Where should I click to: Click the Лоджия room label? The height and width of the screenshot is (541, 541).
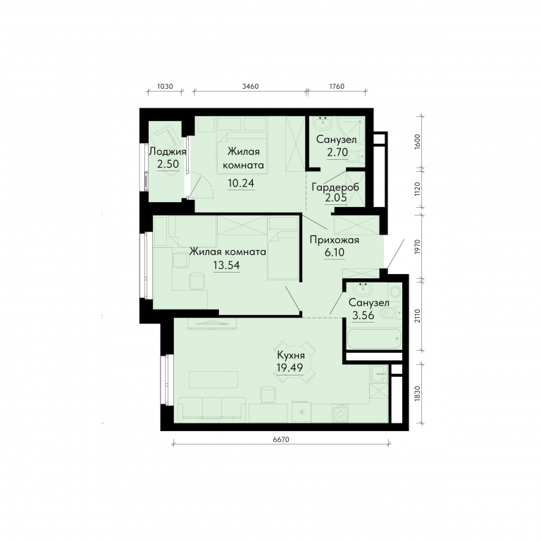pyautogui.click(x=168, y=151)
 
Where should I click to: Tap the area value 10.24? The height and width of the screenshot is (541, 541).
pyautogui.click(x=241, y=183)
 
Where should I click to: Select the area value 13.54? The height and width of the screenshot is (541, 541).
pyautogui.click(x=226, y=265)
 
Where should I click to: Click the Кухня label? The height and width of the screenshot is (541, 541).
pyautogui.click(x=291, y=355)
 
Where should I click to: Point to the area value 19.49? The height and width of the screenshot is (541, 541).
pyautogui.click(x=290, y=368)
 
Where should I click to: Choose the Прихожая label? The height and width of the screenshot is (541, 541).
pyautogui.click(x=335, y=240)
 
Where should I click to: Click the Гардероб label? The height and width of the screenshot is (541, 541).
pyautogui.click(x=335, y=187)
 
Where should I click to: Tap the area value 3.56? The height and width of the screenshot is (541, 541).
pyautogui.click(x=363, y=315)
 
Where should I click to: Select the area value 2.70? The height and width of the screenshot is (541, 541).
pyautogui.click(x=337, y=152)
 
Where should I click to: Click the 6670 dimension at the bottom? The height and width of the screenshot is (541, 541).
pyautogui.click(x=281, y=440)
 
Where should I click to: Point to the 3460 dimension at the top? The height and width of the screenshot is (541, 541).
pyautogui.click(x=250, y=86)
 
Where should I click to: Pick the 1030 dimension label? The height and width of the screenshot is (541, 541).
pyautogui.click(x=165, y=86)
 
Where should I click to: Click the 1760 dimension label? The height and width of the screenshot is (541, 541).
pyautogui.click(x=337, y=86)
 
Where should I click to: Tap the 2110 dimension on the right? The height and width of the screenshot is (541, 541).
pyautogui.click(x=418, y=316)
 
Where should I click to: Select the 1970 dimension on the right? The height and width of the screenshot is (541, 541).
pyautogui.click(x=418, y=247)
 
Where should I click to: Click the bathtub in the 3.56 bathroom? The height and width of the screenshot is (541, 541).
pyautogui.click(x=374, y=338)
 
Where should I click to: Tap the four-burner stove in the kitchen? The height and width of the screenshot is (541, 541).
pyautogui.click(x=340, y=413)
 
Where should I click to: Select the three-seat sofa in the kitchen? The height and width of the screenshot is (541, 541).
pyautogui.click(x=212, y=409)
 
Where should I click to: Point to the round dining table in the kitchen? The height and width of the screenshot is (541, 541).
pyautogui.click(x=296, y=361)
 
